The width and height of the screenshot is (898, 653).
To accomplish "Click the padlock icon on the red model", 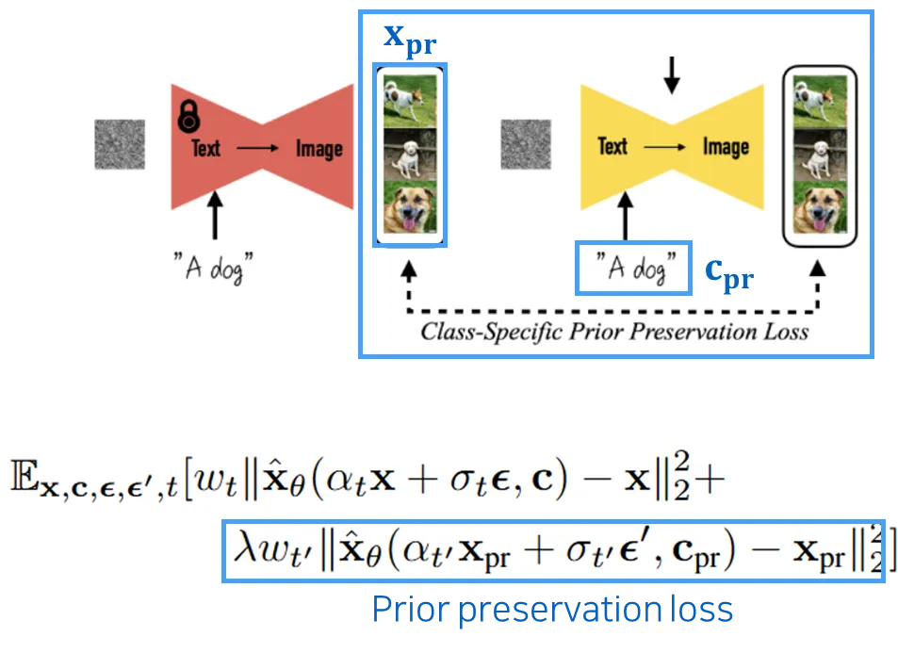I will [189, 118].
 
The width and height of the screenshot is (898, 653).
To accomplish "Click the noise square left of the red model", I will [120, 144].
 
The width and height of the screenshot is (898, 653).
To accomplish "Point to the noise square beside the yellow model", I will [525, 143].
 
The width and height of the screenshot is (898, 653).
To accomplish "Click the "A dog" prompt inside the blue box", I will [629, 268].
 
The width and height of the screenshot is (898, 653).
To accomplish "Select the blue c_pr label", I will [729, 272].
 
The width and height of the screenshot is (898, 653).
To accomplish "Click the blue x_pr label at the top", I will [407, 37].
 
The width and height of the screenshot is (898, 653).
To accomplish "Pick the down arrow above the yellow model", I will [670, 74].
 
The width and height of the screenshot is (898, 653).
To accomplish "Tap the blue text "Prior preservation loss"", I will [553, 611].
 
